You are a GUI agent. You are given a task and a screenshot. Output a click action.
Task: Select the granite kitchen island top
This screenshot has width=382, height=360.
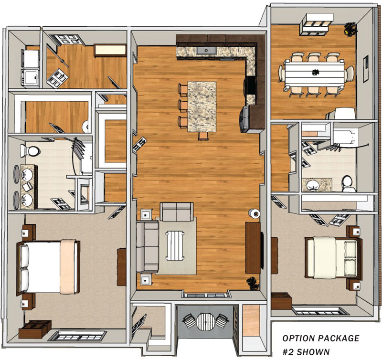point(202,106)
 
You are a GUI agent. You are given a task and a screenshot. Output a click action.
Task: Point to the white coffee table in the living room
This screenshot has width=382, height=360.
point(176,244)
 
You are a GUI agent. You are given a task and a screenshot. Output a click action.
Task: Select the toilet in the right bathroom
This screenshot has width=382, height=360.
point(348,182)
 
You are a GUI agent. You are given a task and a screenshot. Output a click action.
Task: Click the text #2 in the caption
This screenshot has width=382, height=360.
point(289,351)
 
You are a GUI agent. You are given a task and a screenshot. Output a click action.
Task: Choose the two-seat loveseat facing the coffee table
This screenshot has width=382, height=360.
point(176,212)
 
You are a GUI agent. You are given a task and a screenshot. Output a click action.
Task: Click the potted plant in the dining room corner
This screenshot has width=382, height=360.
point(350,30)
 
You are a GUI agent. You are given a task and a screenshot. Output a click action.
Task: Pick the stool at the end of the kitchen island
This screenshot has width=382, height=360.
point(203,136)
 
